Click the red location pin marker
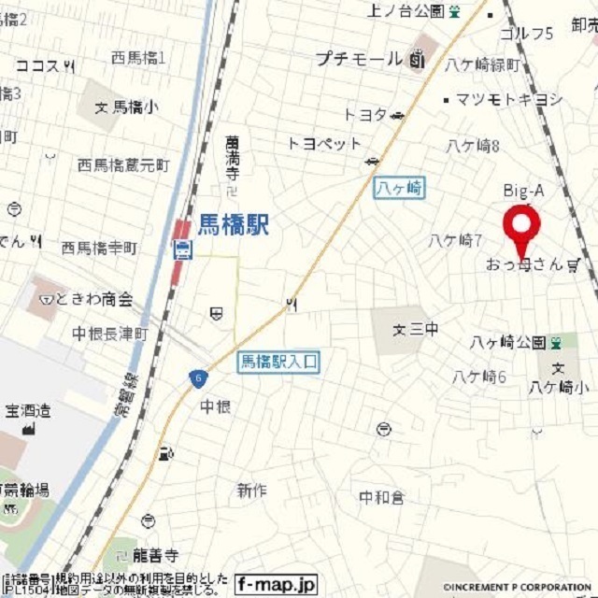click(x=521, y=225)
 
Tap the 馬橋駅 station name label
click(x=234, y=224)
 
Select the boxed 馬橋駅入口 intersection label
click(x=279, y=361)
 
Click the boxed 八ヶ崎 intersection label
click(x=399, y=188)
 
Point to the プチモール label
click(x=358, y=59)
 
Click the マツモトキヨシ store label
click(x=510, y=99)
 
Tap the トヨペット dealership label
click(x=324, y=143)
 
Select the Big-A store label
click(x=523, y=191)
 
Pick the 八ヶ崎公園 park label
click(x=508, y=342)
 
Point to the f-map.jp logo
click(x=277, y=584)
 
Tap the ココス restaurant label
click(x=37, y=65)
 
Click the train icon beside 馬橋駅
click(x=183, y=249)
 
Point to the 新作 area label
click(x=251, y=490)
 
